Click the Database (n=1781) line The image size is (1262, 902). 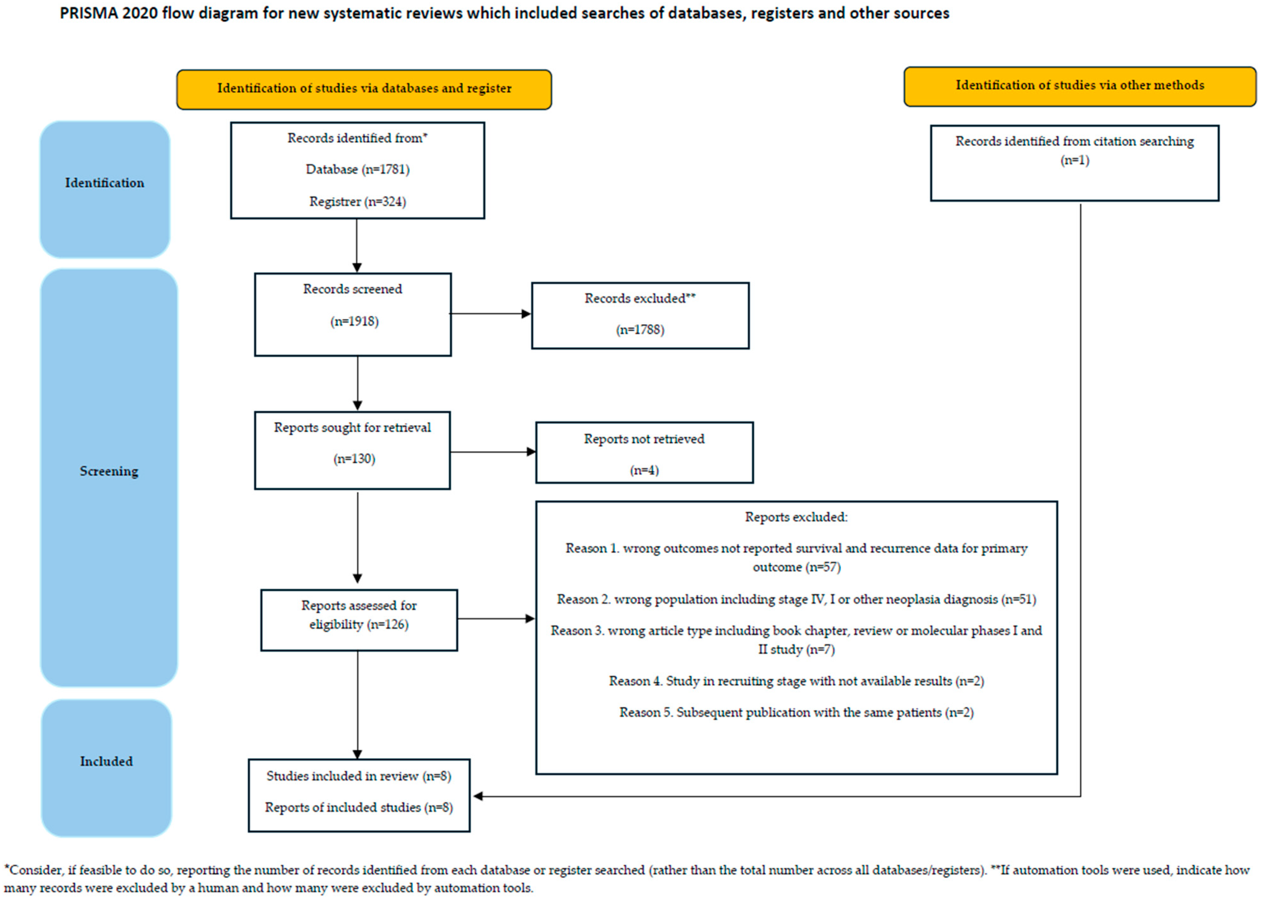357,169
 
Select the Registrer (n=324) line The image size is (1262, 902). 357,202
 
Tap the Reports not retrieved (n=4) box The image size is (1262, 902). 644,453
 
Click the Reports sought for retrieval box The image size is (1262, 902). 352,450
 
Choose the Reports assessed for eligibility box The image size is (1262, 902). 359,620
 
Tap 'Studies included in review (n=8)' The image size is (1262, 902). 359,776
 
